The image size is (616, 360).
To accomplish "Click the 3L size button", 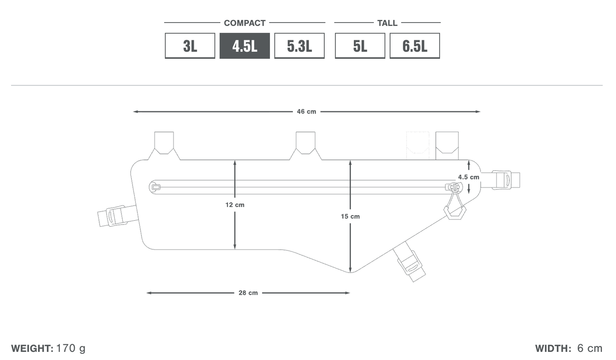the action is (190, 46).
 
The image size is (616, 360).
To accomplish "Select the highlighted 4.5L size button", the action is (244, 46).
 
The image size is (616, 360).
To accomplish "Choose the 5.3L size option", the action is (299, 46).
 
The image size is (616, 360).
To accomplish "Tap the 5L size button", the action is (360, 46).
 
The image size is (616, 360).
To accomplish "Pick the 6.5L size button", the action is (415, 46).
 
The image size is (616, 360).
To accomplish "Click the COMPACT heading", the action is (244, 23).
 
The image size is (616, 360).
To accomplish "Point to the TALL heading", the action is (387, 23).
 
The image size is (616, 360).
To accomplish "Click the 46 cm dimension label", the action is (307, 112).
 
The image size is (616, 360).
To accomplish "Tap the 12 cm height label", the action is (235, 205).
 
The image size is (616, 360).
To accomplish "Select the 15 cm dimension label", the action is (350, 216).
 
